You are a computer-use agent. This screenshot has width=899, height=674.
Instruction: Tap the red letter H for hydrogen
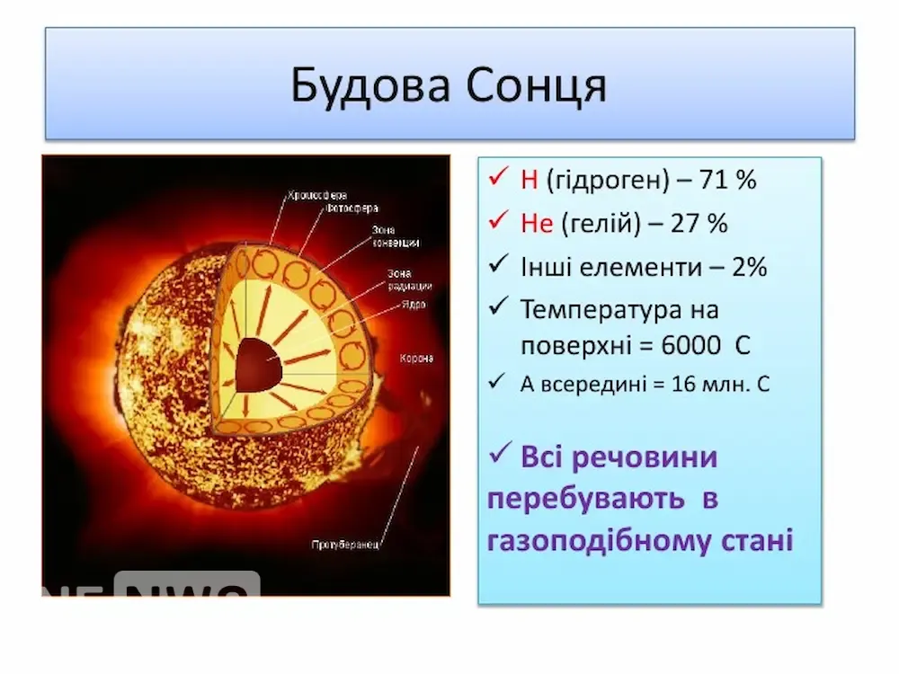[529, 180]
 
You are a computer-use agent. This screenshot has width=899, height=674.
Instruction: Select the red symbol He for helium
[537, 223]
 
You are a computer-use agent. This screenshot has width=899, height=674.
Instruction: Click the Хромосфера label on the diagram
[317, 195]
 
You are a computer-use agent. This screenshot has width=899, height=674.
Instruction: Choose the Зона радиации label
[410, 279]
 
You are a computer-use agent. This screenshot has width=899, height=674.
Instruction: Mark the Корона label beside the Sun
[417, 358]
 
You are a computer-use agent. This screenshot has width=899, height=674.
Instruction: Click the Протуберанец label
[348, 545]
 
